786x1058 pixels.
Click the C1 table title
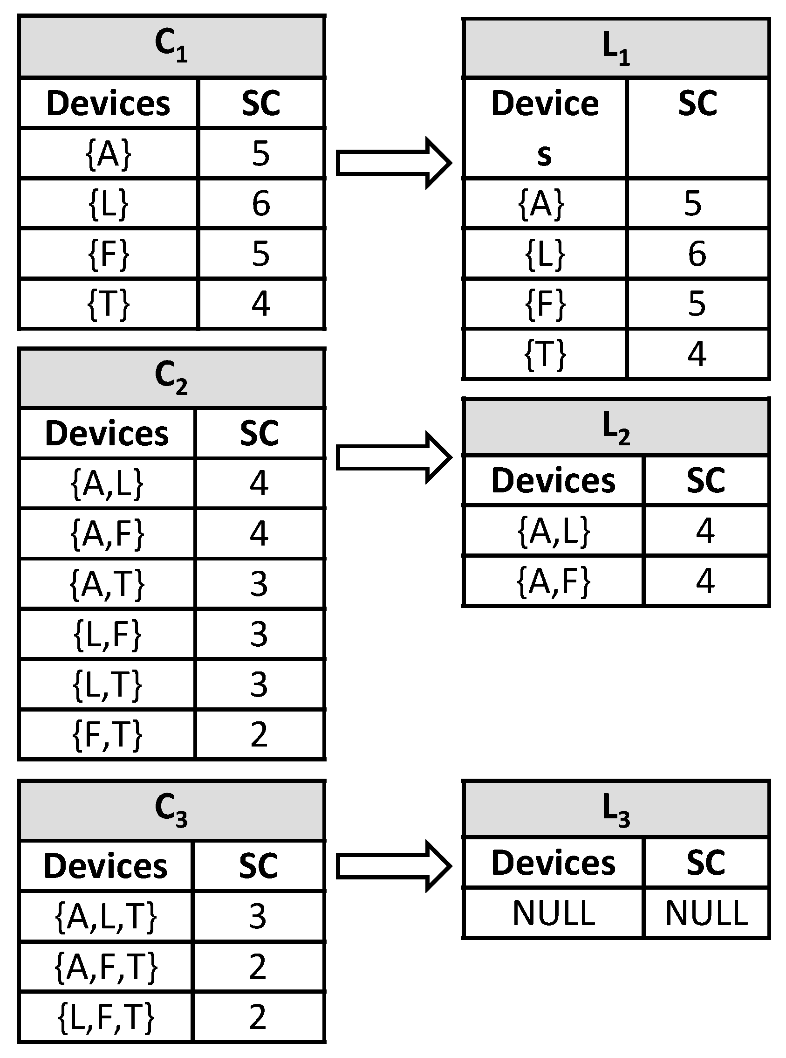pos(171,46)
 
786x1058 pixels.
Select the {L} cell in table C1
pos(109,204)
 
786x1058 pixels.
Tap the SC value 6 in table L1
pos(697,254)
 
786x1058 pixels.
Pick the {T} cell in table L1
pos(545,354)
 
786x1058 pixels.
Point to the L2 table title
pos(615,427)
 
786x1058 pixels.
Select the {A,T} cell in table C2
pos(107,584)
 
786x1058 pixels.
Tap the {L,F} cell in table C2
pos(107,634)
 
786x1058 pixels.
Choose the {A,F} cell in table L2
pos(554,581)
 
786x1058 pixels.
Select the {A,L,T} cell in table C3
pos(106,916)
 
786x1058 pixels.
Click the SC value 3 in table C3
pos(258,916)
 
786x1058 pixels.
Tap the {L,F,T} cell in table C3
pos(106,1017)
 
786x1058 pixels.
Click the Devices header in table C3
pos(106,865)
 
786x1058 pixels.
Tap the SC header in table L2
pos(705,480)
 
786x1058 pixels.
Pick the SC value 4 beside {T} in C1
pos(261,304)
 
